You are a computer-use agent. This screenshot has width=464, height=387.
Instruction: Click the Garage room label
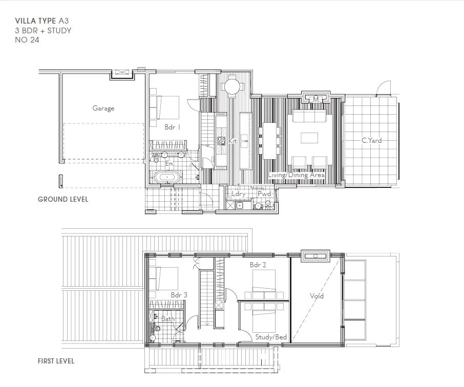pos(103,109)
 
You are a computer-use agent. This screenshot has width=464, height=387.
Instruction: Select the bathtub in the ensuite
pos(168,179)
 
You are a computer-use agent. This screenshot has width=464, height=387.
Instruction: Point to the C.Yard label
pos(371,140)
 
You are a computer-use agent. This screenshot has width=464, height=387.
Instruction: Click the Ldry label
pos(239,194)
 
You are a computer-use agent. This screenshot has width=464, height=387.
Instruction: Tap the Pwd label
pos(264,194)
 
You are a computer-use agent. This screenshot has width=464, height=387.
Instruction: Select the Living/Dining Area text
pos(296,175)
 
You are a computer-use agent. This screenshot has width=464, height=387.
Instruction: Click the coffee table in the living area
pos(309,138)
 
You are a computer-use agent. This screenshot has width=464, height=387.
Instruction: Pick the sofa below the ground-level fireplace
pos(310,117)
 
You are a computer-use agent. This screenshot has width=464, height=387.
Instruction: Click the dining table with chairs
pos(270,140)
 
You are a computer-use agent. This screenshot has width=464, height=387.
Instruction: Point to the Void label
pos(317,296)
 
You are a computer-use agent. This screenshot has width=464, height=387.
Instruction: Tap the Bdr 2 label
pos(257,265)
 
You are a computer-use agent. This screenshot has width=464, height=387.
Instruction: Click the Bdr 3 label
pos(179,295)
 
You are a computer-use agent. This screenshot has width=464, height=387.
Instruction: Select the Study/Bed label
pos(271,337)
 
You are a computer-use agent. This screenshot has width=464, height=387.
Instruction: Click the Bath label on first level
pos(168,318)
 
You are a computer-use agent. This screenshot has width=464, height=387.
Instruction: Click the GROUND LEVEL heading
pos(63,199)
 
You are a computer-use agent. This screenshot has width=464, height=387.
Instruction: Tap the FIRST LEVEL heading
pos(56,361)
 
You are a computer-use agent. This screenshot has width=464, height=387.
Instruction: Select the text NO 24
pos(27,40)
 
